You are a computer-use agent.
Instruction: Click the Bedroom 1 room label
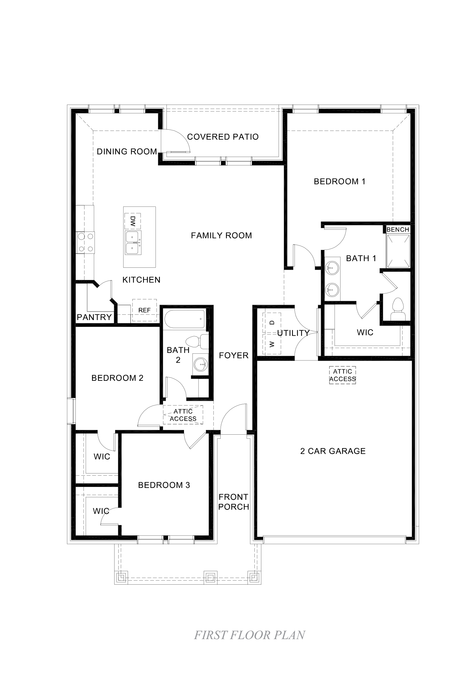(339, 182)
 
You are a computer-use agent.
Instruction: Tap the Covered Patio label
(223, 137)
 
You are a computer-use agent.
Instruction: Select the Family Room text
(221, 235)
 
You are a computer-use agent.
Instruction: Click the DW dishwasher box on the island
(132, 221)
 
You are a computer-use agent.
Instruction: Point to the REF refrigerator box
(144, 310)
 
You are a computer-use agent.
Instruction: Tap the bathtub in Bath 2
(184, 319)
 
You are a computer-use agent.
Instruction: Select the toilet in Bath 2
(196, 341)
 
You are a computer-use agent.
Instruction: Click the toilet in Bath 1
(398, 308)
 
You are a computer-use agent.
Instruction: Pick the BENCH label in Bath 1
(397, 230)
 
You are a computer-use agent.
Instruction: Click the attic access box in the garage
(342, 375)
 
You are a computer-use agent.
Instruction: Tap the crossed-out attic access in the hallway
(183, 415)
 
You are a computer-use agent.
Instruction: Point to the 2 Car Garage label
(333, 451)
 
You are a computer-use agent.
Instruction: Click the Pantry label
(94, 317)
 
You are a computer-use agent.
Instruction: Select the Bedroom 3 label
(164, 485)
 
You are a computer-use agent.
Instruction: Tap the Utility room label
(293, 333)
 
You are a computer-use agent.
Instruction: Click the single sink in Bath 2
(200, 364)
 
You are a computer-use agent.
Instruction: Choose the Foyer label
(233, 355)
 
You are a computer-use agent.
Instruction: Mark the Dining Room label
(127, 152)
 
